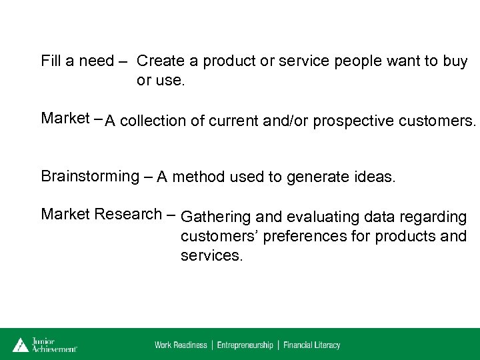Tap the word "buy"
[455, 62]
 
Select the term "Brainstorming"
[89, 177]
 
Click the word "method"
[198, 177]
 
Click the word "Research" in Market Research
[128, 215]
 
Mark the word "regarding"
[433, 217]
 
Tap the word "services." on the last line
[211, 255]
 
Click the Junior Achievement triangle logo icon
[21, 345]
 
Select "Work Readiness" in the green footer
[181, 345]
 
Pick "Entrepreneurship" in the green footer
[245, 345]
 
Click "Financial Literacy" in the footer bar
[312, 345]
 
